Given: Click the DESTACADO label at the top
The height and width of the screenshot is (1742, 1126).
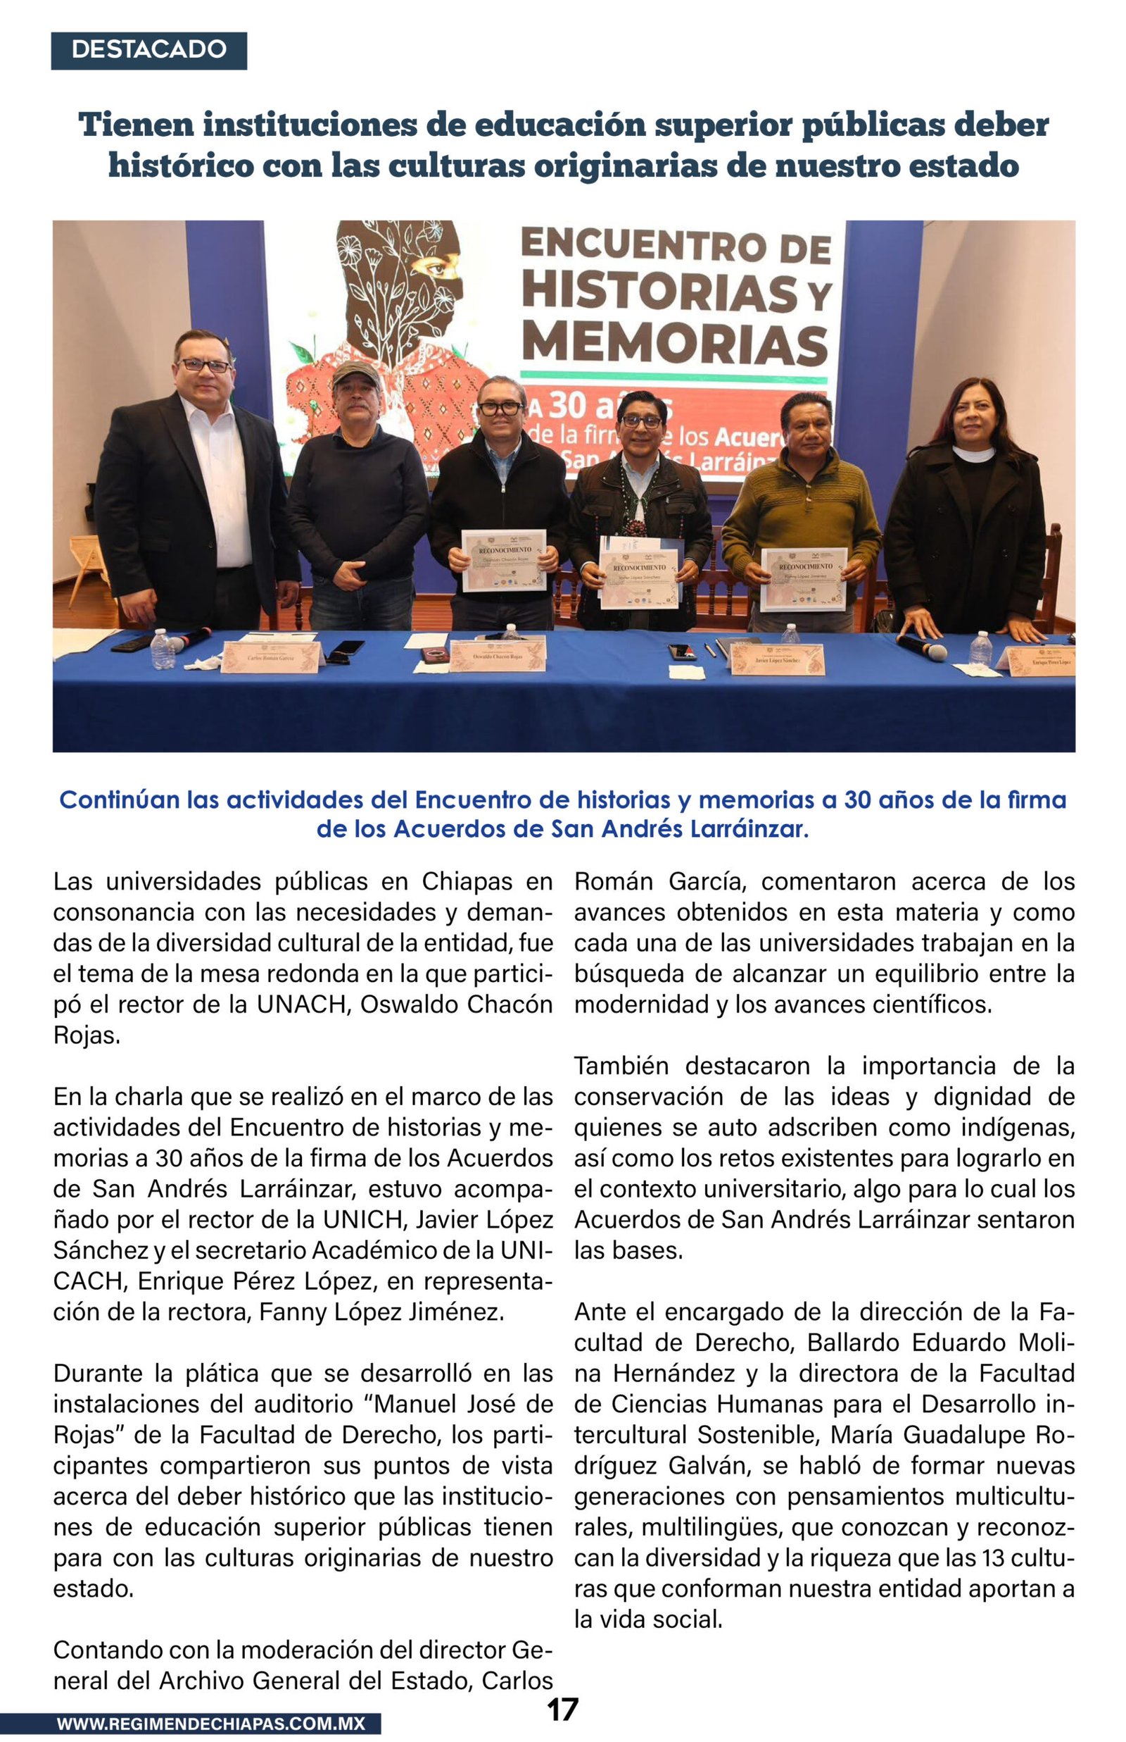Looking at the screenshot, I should click(148, 50).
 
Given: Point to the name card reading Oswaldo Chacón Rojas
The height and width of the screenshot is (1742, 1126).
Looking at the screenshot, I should click(498, 656).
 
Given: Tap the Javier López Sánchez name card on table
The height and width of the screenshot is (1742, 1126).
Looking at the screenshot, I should click(777, 659).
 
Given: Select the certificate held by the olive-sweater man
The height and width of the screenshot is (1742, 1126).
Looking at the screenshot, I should click(804, 579).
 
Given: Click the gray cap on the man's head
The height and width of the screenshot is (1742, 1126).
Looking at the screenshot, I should click(356, 373).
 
